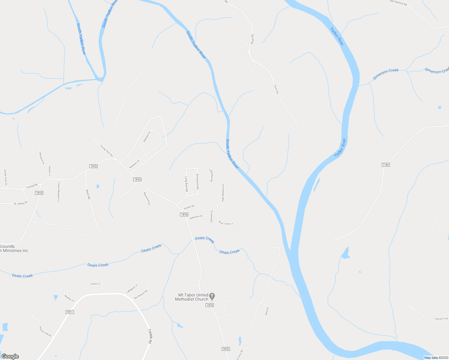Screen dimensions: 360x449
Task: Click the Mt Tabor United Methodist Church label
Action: [x=191, y=297]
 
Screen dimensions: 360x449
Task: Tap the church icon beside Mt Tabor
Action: [x=212, y=297]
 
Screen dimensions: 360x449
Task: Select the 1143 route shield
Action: [x=386, y=165]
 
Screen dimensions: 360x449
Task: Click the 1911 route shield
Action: [x=69, y=312]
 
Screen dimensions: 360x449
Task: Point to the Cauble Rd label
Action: [x=150, y=336]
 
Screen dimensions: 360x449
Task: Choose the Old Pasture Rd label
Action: [x=398, y=3]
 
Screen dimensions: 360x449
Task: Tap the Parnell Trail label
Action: [x=441, y=319]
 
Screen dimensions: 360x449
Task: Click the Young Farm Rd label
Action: [x=106, y=151]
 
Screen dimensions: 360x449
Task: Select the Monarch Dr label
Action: [x=41, y=158]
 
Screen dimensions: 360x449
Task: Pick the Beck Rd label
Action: [x=88, y=195]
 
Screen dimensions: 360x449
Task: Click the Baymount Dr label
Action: [x=147, y=198]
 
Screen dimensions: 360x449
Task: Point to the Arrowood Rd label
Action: [x=197, y=181]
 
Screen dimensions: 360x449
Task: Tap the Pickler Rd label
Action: [x=189, y=207]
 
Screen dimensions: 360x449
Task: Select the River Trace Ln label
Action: [x=226, y=223]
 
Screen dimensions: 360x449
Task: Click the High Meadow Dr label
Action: [x=223, y=193]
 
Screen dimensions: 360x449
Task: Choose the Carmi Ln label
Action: [x=95, y=283]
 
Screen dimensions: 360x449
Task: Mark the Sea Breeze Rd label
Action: [x=140, y=294]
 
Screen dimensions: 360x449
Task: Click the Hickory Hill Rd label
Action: [x=45, y=331]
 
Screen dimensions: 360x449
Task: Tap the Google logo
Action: [x=10, y=356]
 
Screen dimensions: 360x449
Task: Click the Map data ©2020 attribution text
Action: [x=435, y=358]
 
